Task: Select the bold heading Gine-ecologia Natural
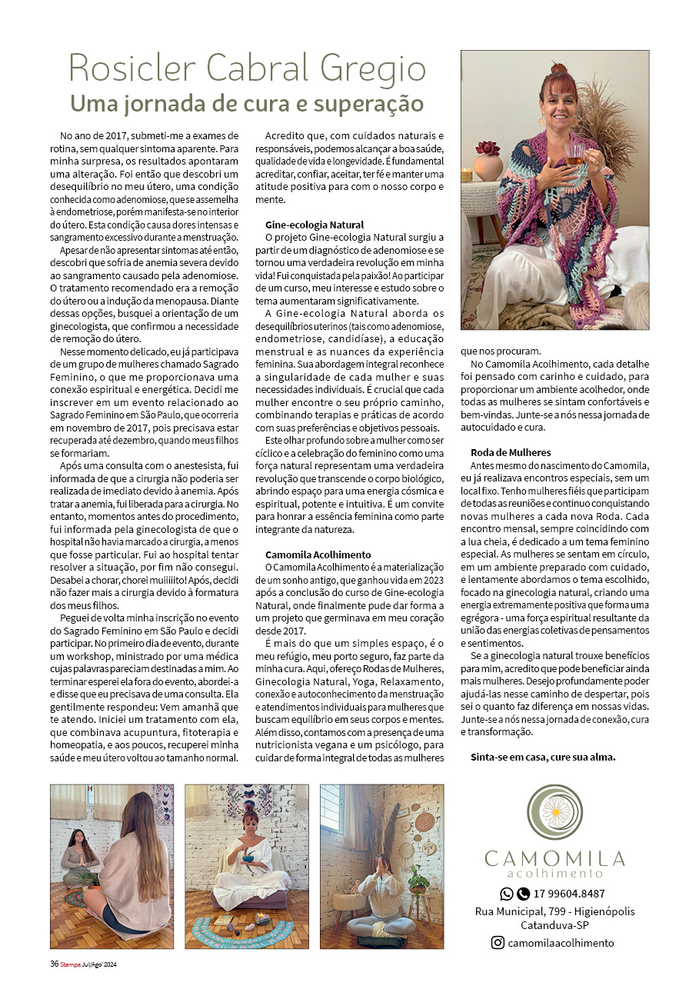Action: [314, 225]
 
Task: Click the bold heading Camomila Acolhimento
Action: [318, 554]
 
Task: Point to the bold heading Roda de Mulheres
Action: [511, 452]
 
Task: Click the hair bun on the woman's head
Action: [559, 70]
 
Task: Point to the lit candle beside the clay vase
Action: [466, 175]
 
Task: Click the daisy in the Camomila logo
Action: [554, 812]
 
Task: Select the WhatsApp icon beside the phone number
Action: [507, 894]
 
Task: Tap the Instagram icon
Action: [498, 943]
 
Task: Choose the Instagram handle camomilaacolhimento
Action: [561, 943]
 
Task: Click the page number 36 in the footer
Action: [54, 965]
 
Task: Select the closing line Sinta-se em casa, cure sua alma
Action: [543, 757]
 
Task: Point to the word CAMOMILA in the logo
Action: [554, 858]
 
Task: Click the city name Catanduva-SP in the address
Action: [554, 924]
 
